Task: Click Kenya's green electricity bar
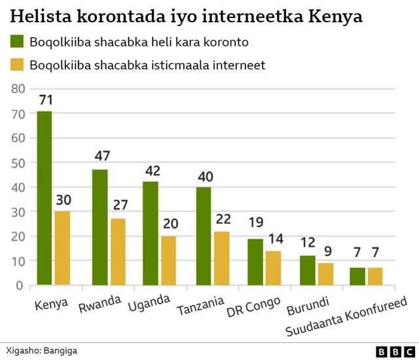[45, 198]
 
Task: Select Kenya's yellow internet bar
[62, 249]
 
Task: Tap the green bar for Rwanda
[100, 228]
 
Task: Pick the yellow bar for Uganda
[168, 261]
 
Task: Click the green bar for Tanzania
[204, 236]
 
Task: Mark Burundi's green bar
[308, 270]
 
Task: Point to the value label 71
[45, 100]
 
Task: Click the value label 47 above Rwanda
[101, 156]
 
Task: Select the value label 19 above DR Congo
[255, 223]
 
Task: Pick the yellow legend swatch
[16, 65]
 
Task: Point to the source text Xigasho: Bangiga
[41, 351]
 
